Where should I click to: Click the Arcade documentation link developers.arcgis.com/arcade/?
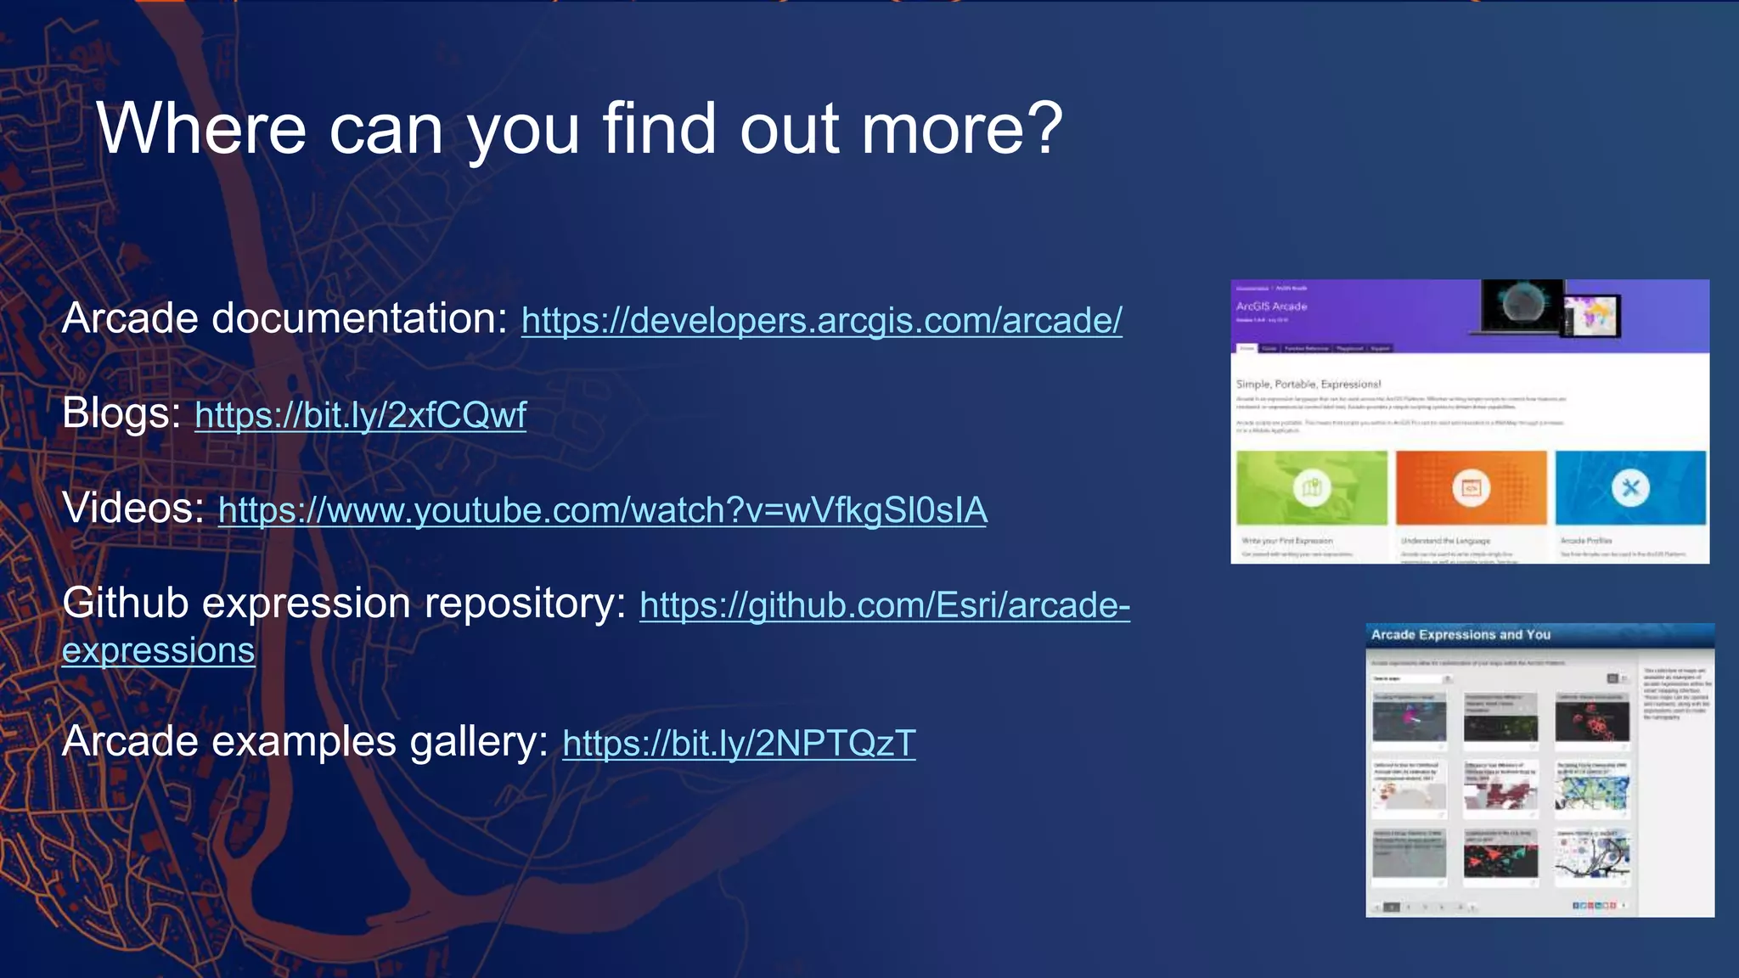pyautogui.click(x=821, y=321)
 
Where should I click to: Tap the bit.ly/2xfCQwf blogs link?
pyautogui.click(x=360, y=416)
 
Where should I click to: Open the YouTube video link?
pyautogui.click(x=602, y=511)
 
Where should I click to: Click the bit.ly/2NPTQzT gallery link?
pyautogui.click(x=739, y=744)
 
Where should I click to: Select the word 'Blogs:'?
pyautogui.click(x=121, y=414)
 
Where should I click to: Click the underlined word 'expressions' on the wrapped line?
pyautogui.click(x=158, y=651)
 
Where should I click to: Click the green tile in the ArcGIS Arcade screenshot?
pyautogui.click(x=1311, y=487)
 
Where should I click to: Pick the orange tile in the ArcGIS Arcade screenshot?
pyautogui.click(x=1471, y=487)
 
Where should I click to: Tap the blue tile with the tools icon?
pyautogui.click(x=1630, y=487)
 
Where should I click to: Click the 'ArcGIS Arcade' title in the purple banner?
pyautogui.click(x=1271, y=306)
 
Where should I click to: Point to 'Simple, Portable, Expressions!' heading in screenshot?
pyautogui.click(x=1308, y=384)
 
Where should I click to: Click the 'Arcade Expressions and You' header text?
pyautogui.click(x=1460, y=635)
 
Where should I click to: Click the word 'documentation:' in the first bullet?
pyautogui.click(x=358, y=319)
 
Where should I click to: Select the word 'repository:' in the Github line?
pyautogui.click(x=525, y=604)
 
